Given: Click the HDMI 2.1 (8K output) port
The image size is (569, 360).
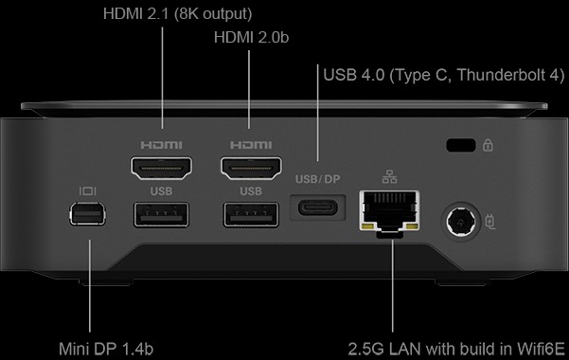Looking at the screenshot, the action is pos(162,169).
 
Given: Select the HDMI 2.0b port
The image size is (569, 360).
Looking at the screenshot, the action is pos(251,169).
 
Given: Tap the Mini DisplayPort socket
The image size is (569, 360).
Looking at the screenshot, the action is pos(87,213).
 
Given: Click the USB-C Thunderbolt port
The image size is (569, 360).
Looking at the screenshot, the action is pos(317,207).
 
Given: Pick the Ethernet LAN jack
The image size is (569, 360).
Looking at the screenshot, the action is pos(390,212).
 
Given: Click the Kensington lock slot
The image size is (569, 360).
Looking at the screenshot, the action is pos(460,145).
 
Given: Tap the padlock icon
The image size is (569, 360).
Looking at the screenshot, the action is pos(488,145).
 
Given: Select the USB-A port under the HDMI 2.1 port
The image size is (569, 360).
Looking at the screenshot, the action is pos(161,215).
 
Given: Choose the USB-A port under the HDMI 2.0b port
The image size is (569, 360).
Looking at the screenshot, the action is pos(251,215).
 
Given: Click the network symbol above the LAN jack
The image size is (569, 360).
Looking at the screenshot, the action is pos(389,177).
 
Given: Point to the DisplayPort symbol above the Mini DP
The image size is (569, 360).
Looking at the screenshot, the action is pos(88,191).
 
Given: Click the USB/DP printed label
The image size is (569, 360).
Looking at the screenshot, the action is pos(317,179).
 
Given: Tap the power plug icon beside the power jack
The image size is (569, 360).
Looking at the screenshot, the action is pos(490,222).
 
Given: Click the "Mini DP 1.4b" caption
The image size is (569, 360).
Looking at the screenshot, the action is pos(106,349).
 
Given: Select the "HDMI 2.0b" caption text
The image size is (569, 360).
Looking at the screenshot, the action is pos(251,37).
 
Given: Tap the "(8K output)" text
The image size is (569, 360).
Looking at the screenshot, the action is pos(213,14).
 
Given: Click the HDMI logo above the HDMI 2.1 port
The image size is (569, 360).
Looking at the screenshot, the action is pos(162,145).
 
